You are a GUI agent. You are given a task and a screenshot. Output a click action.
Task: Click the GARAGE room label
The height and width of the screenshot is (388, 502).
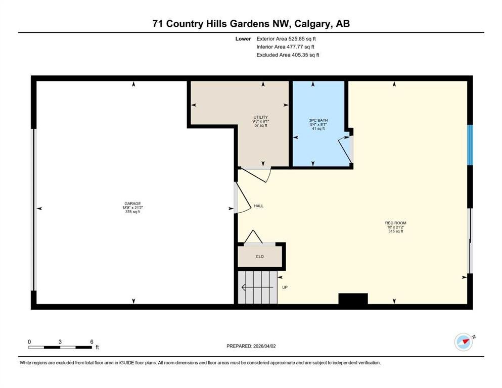coord(132,204)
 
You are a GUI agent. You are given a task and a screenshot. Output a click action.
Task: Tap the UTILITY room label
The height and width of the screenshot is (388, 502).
coord(260,117)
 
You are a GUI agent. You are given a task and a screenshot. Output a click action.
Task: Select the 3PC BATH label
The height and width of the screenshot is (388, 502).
coord(318,120)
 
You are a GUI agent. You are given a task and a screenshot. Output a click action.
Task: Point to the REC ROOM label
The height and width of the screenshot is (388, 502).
coord(396,223)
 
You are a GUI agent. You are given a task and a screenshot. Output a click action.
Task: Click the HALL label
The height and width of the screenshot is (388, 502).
coord(259,206)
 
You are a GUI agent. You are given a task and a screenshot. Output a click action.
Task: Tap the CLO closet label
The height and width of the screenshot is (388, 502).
coord(260,257)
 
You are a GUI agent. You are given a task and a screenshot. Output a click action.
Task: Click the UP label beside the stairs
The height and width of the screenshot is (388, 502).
coord(285,287)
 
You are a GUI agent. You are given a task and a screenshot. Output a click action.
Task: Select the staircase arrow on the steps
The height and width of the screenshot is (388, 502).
coord(257,287)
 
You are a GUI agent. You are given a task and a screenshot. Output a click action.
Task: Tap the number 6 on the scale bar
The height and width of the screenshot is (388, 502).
coord(92,342)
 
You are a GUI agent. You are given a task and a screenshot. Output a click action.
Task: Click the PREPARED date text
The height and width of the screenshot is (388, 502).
coord(251,346)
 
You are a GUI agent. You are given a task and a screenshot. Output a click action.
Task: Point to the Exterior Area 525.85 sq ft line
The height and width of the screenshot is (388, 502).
coord(286,39)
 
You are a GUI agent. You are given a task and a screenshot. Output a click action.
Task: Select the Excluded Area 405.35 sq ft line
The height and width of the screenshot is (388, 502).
coord(288,55)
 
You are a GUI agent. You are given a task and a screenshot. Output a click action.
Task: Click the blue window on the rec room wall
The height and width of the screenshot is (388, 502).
coord(470,145)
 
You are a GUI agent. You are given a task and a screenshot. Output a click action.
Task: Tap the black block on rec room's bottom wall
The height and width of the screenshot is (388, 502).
coord(353,299)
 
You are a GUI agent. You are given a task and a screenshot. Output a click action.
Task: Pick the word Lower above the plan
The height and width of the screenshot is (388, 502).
coord(243,39)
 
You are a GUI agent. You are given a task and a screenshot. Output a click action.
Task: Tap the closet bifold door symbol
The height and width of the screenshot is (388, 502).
coord(253,237)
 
